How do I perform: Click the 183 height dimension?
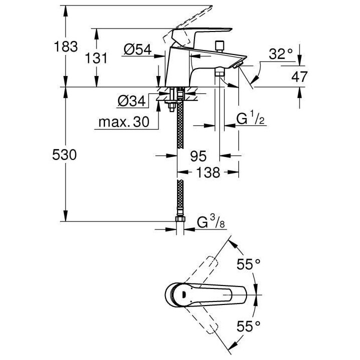(66, 47)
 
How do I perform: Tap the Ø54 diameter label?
(137, 50)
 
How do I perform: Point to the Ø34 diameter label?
(131, 101)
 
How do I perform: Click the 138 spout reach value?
(207, 172)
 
